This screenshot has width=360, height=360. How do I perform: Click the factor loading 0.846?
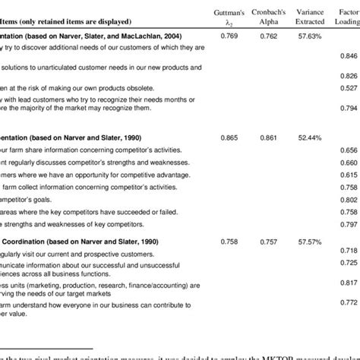point(349,56)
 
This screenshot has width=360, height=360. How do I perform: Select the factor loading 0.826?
point(349,76)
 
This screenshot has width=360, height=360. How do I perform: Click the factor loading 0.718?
point(349,251)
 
